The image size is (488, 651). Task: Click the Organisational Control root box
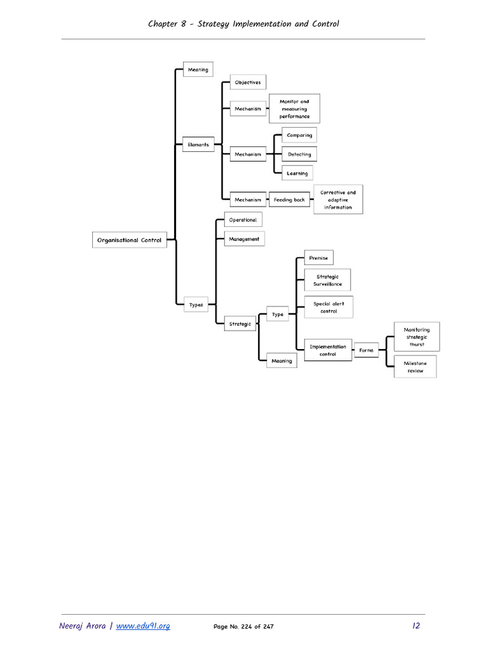click(x=130, y=240)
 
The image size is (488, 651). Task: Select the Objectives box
click(x=247, y=82)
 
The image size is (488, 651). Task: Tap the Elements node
click(x=198, y=144)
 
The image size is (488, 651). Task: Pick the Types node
click(x=196, y=305)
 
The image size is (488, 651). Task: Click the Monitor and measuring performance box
click(x=294, y=109)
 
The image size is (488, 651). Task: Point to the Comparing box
click(x=299, y=135)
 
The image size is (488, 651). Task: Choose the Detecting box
click(x=299, y=154)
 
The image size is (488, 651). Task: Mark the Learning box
click(x=297, y=173)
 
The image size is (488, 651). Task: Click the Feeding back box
click(x=289, y=200)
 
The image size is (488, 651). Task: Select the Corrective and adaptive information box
click(x=338, y=200)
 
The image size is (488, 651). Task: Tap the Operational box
click(x=243, y=220)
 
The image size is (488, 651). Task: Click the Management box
click(x=244, y=239)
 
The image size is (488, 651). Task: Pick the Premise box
click(x=318, y=258)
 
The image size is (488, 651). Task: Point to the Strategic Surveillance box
click(x=327, y=280)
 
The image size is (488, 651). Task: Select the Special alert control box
click(x=329, y=308)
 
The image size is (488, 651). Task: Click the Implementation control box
click(x=328, y=350)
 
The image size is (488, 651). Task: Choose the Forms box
click(x=366, y=350)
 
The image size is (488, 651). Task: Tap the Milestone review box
click(x=416, y=367)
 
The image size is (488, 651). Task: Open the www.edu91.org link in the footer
click(x=143, y=626)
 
